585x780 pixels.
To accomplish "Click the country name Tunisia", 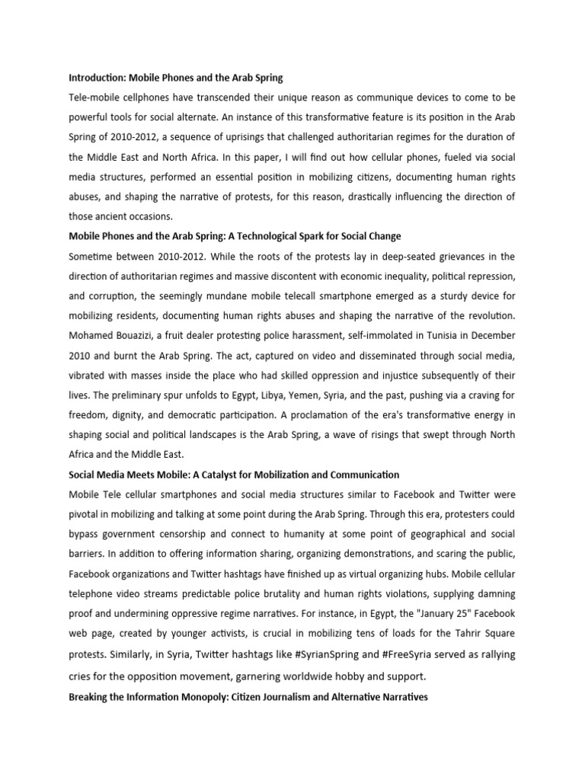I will (417, 335).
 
